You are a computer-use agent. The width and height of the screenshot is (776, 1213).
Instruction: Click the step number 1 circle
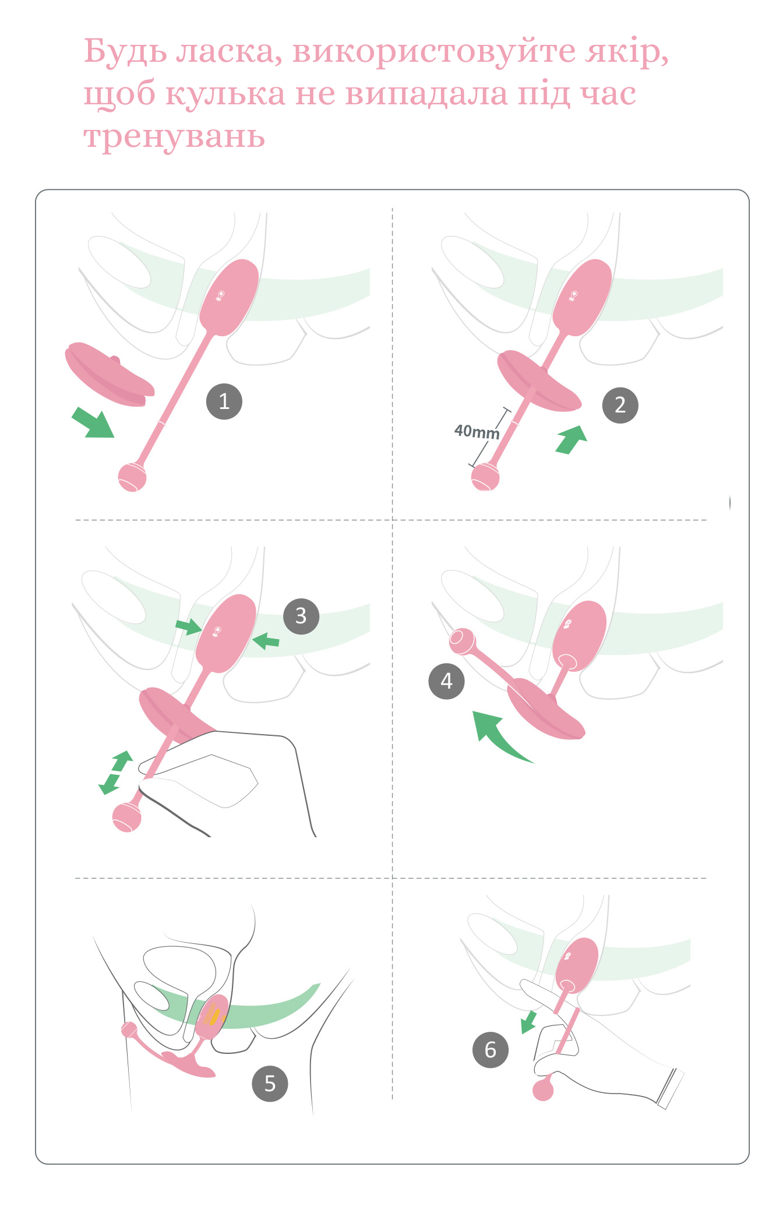pos(224,401)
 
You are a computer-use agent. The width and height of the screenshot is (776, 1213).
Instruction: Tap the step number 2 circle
pos(620,405)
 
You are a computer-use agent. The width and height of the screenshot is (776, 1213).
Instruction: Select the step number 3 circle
pos(301,616)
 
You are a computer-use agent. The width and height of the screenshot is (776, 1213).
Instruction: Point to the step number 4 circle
pos(446,680)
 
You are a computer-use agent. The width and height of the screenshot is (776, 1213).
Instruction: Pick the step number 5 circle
pos(270,1083)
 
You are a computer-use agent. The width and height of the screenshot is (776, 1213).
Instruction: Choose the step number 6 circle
pos(490,1049)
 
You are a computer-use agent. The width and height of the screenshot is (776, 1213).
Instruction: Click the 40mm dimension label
pos(477,432)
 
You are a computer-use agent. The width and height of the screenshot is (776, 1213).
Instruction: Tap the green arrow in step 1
pos(93,422)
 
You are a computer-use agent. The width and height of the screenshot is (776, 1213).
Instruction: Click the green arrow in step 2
pos(572,439)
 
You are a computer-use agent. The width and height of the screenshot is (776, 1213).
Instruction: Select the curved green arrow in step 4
pos(495,735)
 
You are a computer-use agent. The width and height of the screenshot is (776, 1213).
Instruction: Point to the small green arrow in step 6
pos(529,1021)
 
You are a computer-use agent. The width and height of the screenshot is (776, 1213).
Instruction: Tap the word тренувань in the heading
pos(174,137)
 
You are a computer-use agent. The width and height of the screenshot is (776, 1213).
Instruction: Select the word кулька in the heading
pos(225,94)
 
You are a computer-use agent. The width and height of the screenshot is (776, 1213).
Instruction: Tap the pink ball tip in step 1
pos(132,477)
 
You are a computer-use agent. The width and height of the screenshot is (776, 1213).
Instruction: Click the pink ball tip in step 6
pos(543,1089)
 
